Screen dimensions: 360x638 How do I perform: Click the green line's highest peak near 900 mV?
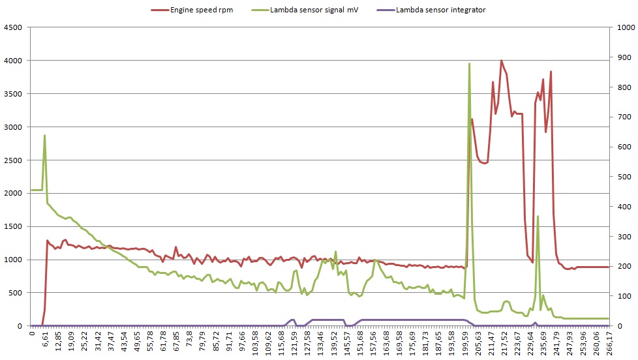(470, 64)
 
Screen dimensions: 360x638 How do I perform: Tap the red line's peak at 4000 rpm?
(501, 61)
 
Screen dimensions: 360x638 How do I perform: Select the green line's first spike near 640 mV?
(44, 136)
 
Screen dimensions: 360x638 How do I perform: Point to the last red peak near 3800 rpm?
(551, 72)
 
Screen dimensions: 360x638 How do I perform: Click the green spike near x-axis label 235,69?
(538, 216)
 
